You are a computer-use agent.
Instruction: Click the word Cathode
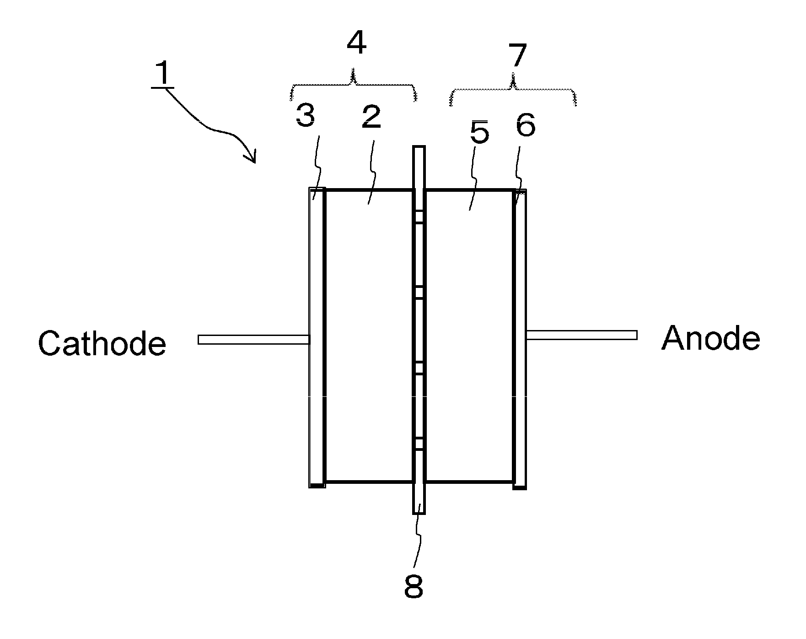click(102, 343)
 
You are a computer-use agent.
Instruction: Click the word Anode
click(710, 339)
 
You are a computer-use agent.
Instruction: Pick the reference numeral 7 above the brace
click(517, 56)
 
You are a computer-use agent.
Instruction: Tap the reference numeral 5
click(479, 133)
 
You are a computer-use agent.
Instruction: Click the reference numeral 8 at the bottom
click(414, 587)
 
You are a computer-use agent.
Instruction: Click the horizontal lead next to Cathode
click(253, 340)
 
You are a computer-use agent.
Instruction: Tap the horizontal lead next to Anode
click(581, 335)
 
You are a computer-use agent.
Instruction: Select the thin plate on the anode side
click(519, 339)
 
